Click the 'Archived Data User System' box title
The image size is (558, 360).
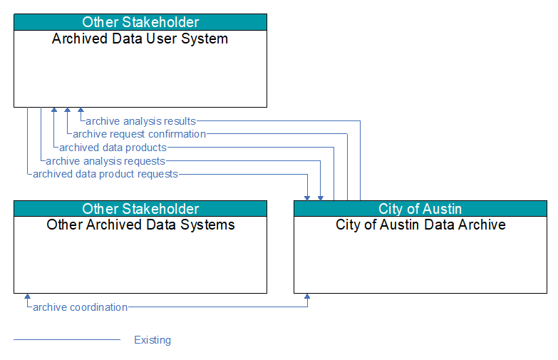[x=140, y=38]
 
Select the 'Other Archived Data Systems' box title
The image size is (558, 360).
[x=140, y=225]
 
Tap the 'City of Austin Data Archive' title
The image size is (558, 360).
[x=420, y=225]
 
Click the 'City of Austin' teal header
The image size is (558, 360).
[x=420, y=209]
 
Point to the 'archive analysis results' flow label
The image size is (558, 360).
[x=141, y=121]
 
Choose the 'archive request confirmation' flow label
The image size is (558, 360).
[x=139, y=134]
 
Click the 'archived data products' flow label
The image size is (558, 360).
[x=113, y=148]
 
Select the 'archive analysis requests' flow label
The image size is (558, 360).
[x=105, y=161]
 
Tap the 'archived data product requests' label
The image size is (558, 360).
[x=105, y=174]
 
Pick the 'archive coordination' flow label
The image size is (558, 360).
[x=80, y=307]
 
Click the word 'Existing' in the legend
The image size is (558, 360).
[x=153, y=340]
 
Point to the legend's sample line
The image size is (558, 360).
[x=67, y=339]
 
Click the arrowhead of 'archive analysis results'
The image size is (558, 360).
[x=81, y=110]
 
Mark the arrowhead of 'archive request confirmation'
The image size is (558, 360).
[x=67, y=110]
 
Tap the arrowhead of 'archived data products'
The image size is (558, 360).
[x=53, y=110]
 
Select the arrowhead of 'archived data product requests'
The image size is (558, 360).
[x=307, y=198]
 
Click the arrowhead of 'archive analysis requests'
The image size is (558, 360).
[x=321, y=198]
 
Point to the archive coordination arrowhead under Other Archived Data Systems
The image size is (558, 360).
[x=27, y=297]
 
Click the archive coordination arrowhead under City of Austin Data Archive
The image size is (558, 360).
[x=307, y=297]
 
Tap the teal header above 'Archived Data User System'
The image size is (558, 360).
[x=140, y=22]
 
